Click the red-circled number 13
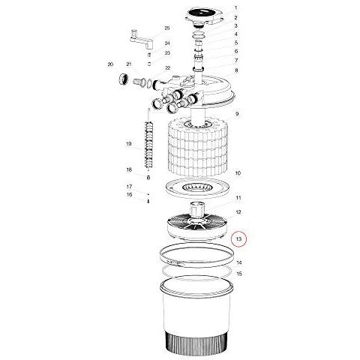point(238,239)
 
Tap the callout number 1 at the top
point(235,8)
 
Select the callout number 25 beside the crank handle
point(167,28)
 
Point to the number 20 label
point(110,64)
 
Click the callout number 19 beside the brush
point(128,144)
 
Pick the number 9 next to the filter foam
point(237,114)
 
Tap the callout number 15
point(239,274)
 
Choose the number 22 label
point(167,68)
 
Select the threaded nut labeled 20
point(123,79)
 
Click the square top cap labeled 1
point(204,15)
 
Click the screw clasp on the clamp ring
point(175,262)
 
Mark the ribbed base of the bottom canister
point(196,340)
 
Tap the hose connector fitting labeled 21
point(139,82)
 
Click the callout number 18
point(129,170)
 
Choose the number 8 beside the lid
point(236,70)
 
